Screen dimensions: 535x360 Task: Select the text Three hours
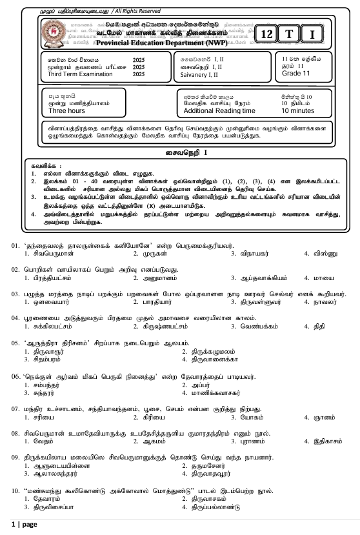tap(67, 110)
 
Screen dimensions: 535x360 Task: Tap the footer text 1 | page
tap(24, 524)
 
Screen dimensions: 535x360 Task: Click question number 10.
tap(15, 491)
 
